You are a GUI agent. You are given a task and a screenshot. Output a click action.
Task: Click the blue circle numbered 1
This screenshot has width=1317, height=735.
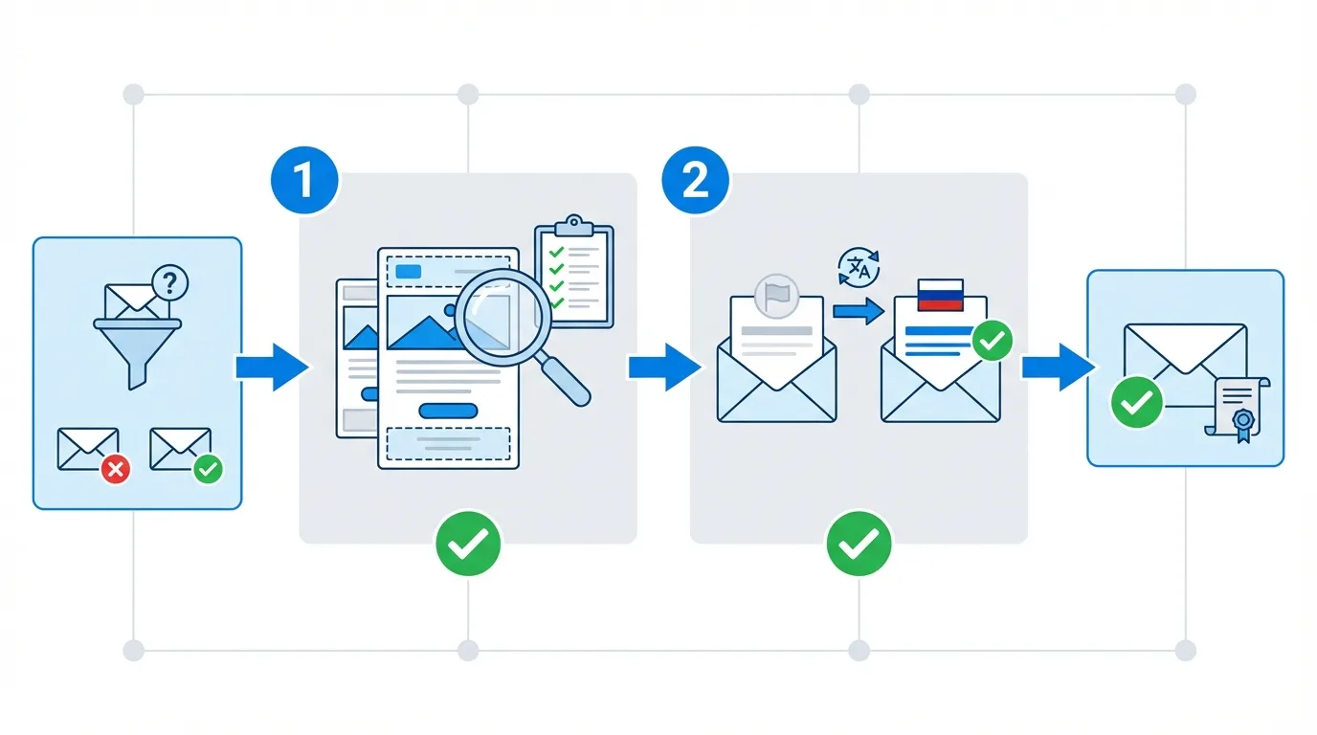pyautogui.click(x=304, y=180)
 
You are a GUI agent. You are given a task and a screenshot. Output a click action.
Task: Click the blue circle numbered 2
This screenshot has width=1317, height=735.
pyautogui.click(x=695, y=180)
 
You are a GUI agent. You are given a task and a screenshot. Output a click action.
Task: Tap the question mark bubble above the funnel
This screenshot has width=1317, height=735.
pyautogui.click(x=170, y=282)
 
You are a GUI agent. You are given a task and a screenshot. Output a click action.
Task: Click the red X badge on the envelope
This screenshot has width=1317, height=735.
pyautogui.click(x=116, y=469)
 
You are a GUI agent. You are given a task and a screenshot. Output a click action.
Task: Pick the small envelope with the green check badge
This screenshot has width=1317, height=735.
pyautogui.click(x=182, y=450)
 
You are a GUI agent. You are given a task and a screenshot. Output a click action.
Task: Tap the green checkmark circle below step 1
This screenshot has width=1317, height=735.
pyautogui.click(x=468, y=544)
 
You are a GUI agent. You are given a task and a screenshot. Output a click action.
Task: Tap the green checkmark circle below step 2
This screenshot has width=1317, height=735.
pyautogui.click(x=859, y=544)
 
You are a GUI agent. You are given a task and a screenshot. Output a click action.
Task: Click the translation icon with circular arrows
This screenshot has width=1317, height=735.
pyautogui.click(x=858, y=267)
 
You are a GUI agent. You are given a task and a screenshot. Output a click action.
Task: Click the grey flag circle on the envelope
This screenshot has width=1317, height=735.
pyautogui.click(x=776, y=295)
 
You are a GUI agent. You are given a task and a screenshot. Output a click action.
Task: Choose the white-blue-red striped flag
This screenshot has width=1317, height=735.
pyautogui.click(x=940, y=296)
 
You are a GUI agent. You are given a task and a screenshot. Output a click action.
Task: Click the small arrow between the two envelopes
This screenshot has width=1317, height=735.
pyautogui.click(x=858, y=311)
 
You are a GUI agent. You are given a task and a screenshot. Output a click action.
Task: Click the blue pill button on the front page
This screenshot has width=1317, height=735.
pyautogui.click(x=448, y=411)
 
